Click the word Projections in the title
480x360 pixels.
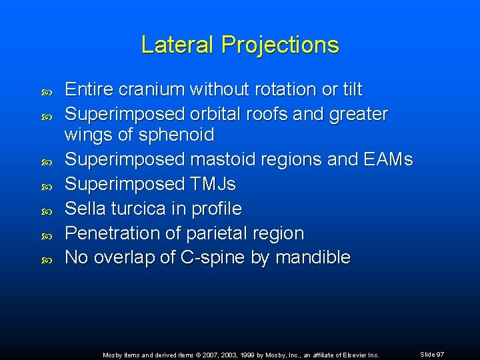(280, 45)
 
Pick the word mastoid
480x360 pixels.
(221, 160)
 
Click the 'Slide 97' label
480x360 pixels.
(432, 354)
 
